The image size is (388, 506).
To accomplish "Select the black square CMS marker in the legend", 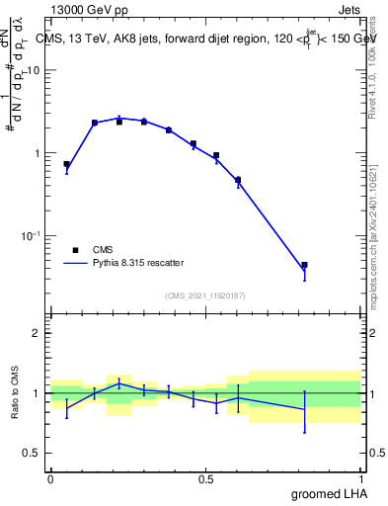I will (x=75, y=250).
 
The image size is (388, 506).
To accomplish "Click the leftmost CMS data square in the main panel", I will (x=66, y=164).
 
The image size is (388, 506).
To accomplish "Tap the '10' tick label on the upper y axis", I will (x=34, y=71).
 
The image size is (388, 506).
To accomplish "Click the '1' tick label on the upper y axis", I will (x=37, y=153).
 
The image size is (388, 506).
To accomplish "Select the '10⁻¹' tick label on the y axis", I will (x=32, y=236).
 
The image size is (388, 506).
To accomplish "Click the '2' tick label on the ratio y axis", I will (x=37, y=333).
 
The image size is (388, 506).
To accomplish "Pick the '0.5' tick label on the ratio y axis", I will (x=32, y=454).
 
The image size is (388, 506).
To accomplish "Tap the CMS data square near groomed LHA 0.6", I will (x=238, y=180).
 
